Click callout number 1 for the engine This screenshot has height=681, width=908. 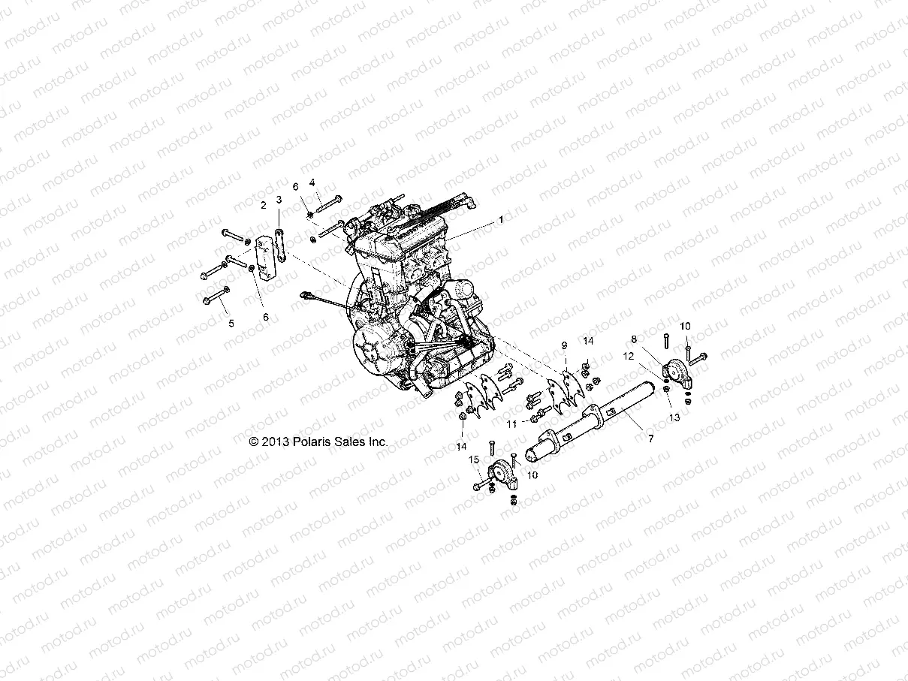500,219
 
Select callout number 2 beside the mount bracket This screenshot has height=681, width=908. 264,204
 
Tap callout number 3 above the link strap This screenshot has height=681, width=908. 279,200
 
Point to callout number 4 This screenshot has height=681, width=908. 312,182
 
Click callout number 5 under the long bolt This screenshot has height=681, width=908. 231,323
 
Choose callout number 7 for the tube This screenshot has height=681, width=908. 650,437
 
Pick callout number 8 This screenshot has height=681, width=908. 634,339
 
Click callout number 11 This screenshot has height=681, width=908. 511,424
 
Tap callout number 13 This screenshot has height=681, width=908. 674,417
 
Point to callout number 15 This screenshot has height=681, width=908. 474,459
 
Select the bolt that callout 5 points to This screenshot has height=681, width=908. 217,297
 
